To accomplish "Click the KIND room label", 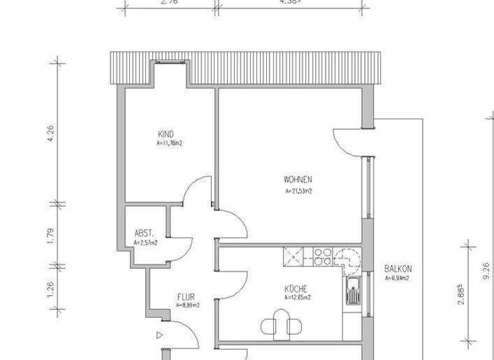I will click(165, 134).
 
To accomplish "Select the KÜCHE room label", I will click(296, 289).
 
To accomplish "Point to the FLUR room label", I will click(187, 297).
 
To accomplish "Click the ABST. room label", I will click(143, 233).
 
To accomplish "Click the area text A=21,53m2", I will click(298, 191).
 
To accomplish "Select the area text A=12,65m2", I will click(297, 298).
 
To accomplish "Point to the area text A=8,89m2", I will click(188, 306).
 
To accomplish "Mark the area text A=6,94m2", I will click(398, 278).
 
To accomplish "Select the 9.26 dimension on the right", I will click(486, 269).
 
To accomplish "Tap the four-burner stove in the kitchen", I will click(322, 256).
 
